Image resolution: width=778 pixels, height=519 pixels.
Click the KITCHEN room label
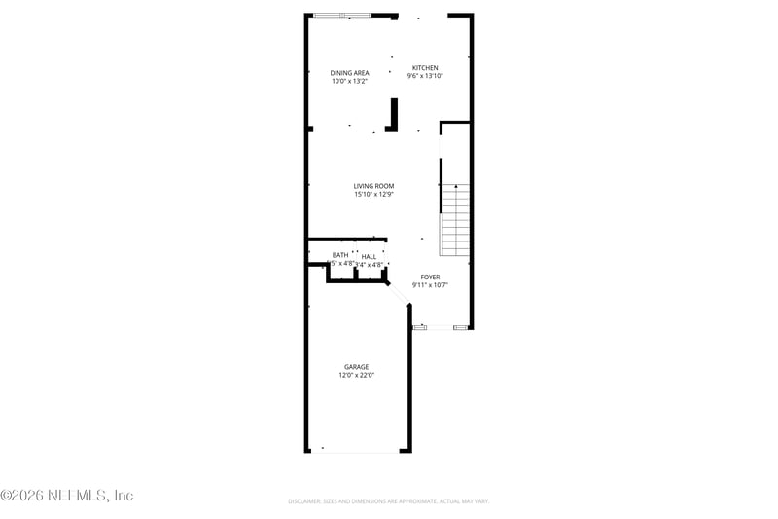[424, 68]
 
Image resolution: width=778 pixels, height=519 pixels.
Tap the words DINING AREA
[349, 73]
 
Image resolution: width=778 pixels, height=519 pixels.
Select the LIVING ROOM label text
[373, 186]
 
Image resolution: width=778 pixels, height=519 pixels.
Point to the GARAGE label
[356, 367]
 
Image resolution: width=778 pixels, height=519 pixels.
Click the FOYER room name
[430, 278]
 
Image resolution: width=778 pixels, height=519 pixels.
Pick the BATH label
[340, 255]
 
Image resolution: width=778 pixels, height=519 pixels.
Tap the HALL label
[369, 257]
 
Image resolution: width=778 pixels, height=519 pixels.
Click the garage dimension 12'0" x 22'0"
[356, 375]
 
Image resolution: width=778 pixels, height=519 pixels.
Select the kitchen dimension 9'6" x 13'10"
[425, 76]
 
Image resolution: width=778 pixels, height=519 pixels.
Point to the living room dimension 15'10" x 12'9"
[373, 194]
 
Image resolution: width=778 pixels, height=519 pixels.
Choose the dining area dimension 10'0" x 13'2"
[349, 81]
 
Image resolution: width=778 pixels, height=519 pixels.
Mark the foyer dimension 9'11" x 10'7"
[430, 285]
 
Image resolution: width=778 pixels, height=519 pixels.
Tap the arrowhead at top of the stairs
[455, 185]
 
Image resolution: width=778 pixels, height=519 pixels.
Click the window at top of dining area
[341, 15]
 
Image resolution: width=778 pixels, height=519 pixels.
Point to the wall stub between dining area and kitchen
[393, 115]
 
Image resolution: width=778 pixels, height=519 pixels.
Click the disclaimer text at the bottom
[388, 500]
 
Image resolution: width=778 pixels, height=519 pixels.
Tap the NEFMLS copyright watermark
[66, 496]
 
